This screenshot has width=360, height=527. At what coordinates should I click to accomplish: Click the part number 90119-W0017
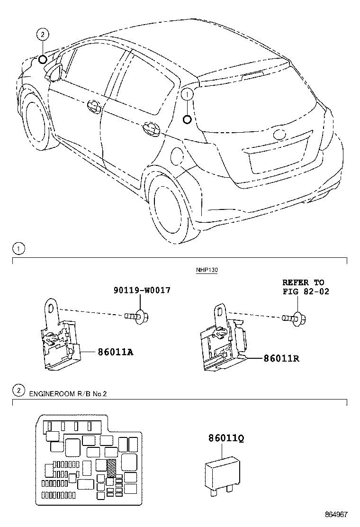pos(141,290)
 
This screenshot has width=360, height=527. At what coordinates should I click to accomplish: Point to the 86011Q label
pos(226,439)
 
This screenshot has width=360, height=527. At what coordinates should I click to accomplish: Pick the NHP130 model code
pos(207,270)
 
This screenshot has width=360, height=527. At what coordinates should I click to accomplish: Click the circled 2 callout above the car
pos(43,34)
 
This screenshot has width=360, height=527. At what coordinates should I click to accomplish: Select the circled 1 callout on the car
pos(188,95)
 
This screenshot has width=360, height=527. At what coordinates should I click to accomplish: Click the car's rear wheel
pos(167,208)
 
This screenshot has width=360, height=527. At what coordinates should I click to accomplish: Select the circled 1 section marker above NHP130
pos(18,248)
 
